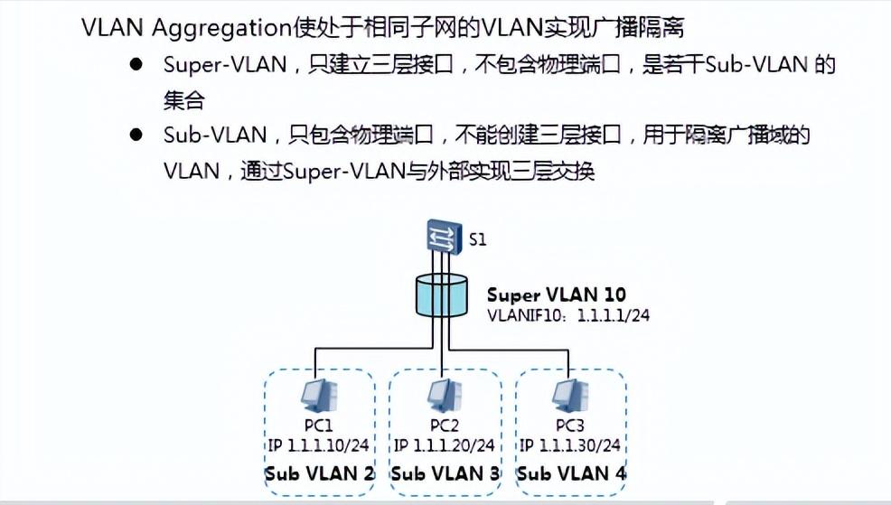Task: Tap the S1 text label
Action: coord(478,241)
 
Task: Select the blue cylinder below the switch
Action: coord(441,296)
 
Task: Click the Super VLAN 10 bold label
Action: coord(556,295)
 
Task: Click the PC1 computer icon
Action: coord(318,395)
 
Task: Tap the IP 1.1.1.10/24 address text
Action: coord(318,445)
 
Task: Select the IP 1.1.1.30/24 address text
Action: coord(570,445)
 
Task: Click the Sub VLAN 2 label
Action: coord(318,473)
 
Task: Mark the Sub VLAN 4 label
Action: coord(571,473)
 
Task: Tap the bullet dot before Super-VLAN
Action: coord(136,65)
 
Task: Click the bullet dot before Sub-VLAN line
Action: coord(136,135)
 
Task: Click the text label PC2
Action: coord(444,425)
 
